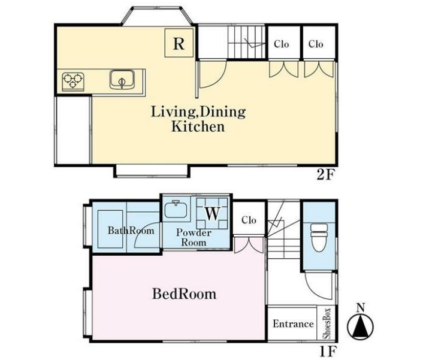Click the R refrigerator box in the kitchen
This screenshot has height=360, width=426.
[x=179, y=43]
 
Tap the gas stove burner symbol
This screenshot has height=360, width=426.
[x=73, y=81]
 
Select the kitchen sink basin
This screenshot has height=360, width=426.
[x=122, y=80]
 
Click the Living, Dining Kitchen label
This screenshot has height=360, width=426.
[x=198, y=120]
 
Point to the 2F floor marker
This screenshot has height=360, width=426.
[x=325, y=175]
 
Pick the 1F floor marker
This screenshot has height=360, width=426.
[x=328, y=352]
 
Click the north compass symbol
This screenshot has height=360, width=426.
[x=361, y=323]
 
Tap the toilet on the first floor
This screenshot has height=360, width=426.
[x=319, y=237]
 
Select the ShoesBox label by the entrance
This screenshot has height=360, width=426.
[x=327, y=323]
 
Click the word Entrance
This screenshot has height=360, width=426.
[x=293, y=324]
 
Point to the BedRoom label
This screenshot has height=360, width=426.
[x=184, y=294]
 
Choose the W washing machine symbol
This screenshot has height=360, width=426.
[x=212, y=214]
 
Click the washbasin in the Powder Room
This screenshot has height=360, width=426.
[x=176, y=209]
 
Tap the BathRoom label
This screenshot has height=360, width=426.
[x=131, y=231]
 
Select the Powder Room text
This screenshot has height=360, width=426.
[x=194, y=237]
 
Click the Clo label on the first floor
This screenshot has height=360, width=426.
[x=249, y=220]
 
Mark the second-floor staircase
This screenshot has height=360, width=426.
[x=246, y=42]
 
